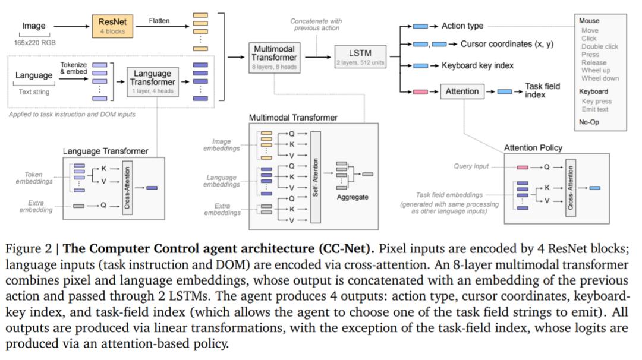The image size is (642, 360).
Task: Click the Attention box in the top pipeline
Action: click(x=462, y=91)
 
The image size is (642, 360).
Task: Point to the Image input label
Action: click(x=33, y=26)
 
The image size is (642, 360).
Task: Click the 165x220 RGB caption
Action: click(x=34, y=43)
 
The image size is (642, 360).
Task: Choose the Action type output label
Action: click(x=462, y=26)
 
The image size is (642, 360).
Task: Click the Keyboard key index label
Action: click(x=477, y=65)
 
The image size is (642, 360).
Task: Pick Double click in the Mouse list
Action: click(x=599, y=46)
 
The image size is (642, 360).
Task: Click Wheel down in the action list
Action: click(x=599, y=78)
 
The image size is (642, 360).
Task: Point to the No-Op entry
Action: click(x=590, y=122)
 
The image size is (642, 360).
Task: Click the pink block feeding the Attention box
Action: click(x=420, y=91)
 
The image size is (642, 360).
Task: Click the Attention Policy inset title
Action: click(x=533, y=147)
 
